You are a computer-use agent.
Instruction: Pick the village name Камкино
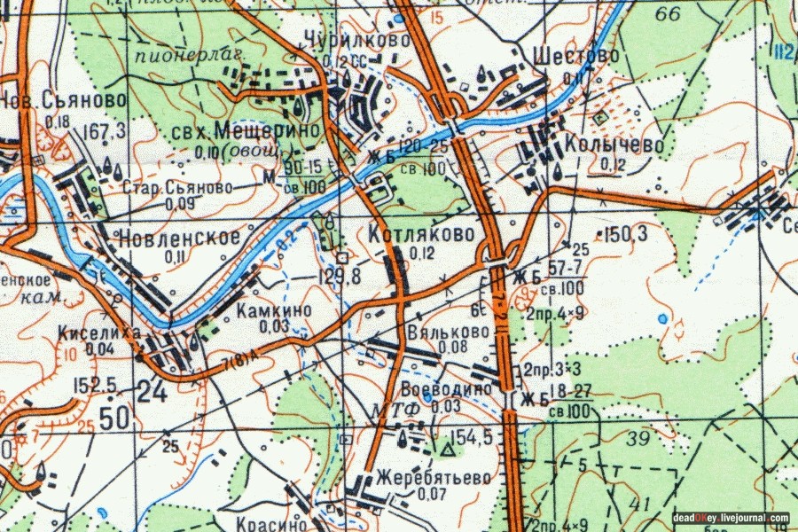click(x=274, y=311)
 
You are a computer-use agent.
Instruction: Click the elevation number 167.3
click(x=103, y=132)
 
